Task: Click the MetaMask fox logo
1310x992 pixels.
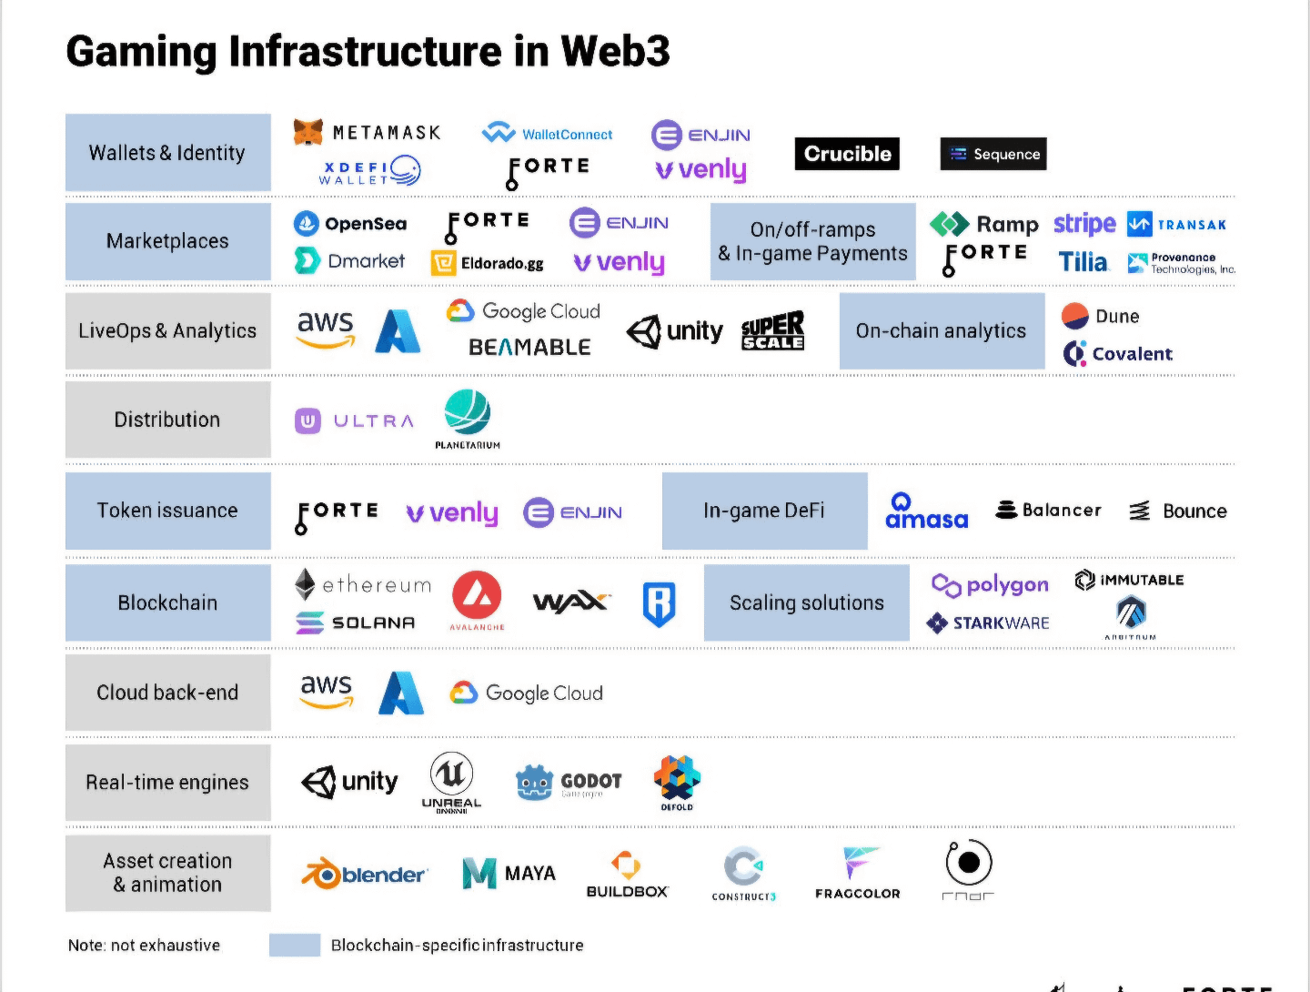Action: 308,132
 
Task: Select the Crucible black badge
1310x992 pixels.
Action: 847,154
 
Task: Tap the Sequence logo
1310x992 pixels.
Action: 993,154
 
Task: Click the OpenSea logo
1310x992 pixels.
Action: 350,223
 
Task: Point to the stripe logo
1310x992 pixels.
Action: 1084,223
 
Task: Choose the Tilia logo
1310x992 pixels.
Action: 1083,262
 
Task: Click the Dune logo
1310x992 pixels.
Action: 1101,316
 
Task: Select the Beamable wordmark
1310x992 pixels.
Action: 529,347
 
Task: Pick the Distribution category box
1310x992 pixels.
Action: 168,420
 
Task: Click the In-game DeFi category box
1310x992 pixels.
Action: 764,511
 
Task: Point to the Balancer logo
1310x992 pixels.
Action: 1048,510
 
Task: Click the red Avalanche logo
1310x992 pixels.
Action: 477,596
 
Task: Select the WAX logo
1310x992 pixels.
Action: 570,602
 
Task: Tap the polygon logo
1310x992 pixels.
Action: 990,585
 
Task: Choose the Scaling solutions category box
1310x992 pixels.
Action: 806,602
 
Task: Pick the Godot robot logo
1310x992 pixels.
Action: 535,782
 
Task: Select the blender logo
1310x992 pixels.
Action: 364,874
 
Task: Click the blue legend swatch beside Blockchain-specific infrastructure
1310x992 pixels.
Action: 295,945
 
